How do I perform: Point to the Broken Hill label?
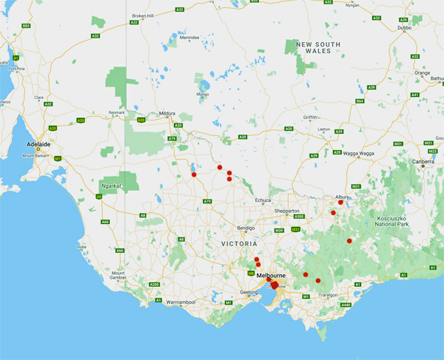click(144, 16)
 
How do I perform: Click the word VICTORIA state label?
click(239, 243)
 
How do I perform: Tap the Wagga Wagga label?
click(358, 152)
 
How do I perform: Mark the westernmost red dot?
click(194, 175)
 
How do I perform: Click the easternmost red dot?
click(349, 241)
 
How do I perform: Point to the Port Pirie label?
click(17, 69)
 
